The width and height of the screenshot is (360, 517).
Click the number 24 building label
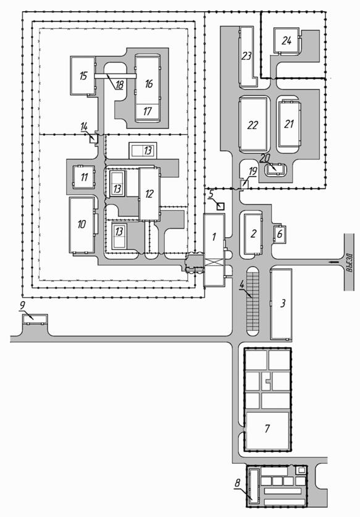[x=287, y=40]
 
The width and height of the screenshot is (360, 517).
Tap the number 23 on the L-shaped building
[x=246, y=56]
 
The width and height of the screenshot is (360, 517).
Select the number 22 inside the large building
[x=253, y=125]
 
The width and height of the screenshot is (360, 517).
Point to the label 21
[x=289, y=124]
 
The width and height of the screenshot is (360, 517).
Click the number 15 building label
[x=83, y=75]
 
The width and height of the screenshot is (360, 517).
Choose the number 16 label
[x=149, y=83]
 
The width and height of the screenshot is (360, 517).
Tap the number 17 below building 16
[x=147, y=111]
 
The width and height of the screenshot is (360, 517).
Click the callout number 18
[x=119, y=85]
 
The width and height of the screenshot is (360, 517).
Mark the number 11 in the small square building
[x=84, y=177]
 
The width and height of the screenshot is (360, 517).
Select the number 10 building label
[x=82, y=224]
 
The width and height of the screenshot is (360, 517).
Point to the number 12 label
[x=149, y=193]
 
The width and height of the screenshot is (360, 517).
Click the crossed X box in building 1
[x=214, y=265]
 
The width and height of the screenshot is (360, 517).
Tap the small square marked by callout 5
[x=220, y=207]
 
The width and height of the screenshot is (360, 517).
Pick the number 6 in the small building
[x=280, y=233]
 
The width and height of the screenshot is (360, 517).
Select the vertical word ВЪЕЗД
[x=350, y=262]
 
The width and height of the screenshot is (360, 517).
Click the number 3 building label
[x=283, y=303]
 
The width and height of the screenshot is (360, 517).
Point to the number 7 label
[x=267, y=428]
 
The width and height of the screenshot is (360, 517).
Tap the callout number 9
[x=22, y=305]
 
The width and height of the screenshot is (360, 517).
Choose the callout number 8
[x=238, y=484]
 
